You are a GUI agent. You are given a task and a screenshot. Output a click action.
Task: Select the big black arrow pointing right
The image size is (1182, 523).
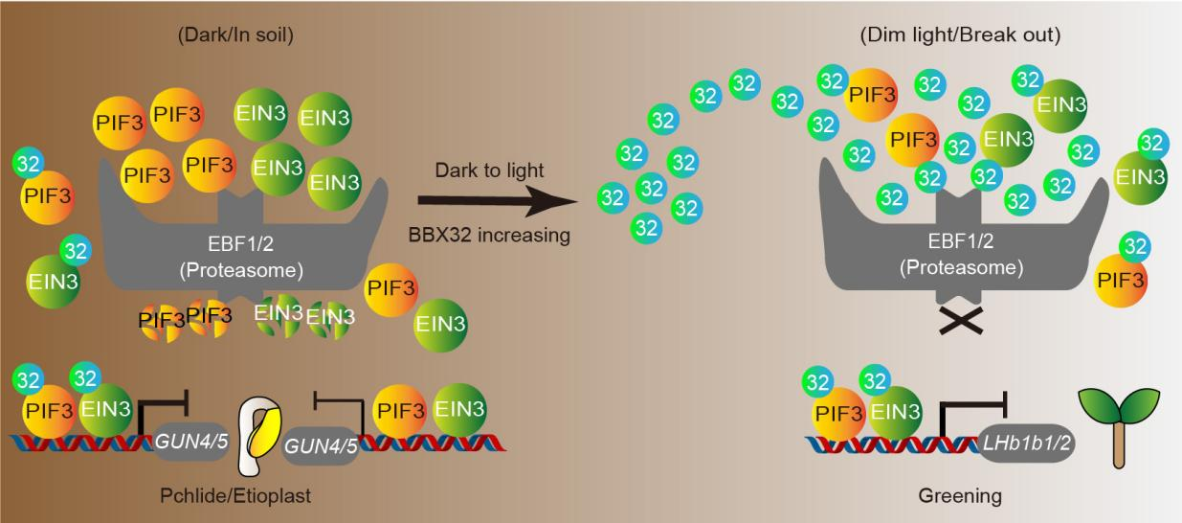pyautogui.click(x=498, y=201)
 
